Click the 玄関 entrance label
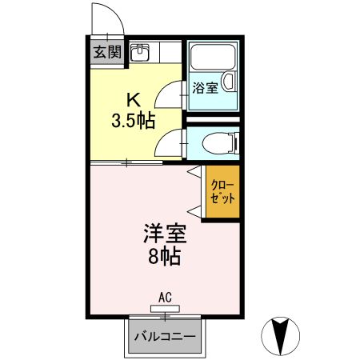tap(106, 54)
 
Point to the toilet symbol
tap(220, 143)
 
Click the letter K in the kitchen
tap(134, 102)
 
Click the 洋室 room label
tap(165, 235)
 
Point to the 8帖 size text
tap(165, 257)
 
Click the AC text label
tap(165, 298)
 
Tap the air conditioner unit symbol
tap(165, 309)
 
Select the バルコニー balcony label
tap(165, 337)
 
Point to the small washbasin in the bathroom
tap(229, 82)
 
